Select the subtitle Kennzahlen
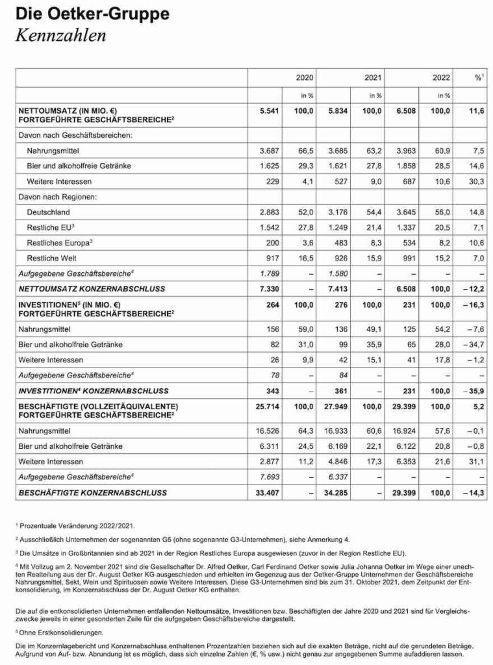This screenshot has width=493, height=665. coord(60,35)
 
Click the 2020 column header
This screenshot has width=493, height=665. coord(304,77)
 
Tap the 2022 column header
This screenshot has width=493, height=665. coord(442,77)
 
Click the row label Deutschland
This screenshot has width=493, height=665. coord(49,212)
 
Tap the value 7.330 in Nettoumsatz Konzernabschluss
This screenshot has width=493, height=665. coord(270,288)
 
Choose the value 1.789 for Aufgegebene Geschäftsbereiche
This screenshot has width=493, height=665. coord(270,273)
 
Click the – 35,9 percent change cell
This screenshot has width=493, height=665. coord(474,390)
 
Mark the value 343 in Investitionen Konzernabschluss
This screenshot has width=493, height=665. coord(273,390)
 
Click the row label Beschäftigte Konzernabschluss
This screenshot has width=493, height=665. coord(93,493)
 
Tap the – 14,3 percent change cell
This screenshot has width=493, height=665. coord(474,493)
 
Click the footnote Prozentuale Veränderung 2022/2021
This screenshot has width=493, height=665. coord(75,524)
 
